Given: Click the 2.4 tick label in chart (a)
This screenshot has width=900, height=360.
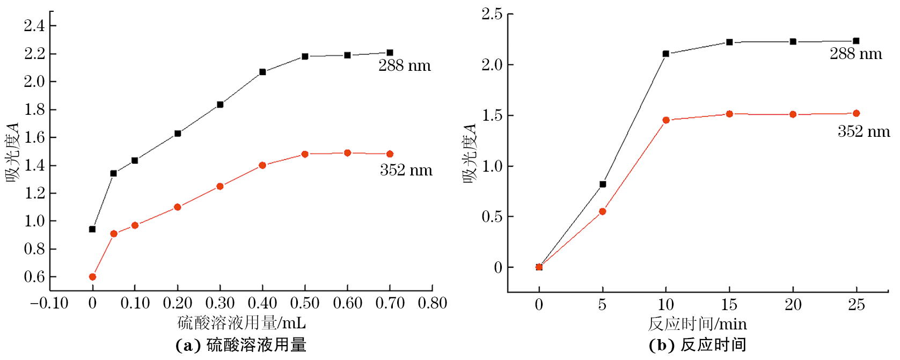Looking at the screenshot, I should [x=34, y=25].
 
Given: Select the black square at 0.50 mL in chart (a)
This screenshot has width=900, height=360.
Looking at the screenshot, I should [x=305, y=56].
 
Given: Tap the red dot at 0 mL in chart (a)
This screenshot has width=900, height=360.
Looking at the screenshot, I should [x=92, y=277].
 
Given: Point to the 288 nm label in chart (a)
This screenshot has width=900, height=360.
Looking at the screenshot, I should [x=405, y=66].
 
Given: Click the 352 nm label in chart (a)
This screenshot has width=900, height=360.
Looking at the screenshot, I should [x=406, y=171].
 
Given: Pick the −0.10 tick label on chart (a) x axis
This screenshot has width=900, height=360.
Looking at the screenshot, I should [x=49, y=304].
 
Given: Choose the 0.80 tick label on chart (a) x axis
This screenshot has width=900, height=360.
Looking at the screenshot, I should [x=433, y=304].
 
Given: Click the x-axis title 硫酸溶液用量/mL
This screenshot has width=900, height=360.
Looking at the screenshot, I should [x=242, y=323].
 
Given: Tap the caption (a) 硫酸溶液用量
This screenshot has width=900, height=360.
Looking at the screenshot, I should [x=241, y=345].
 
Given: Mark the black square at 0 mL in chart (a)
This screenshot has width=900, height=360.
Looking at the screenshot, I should [x=92, y=229].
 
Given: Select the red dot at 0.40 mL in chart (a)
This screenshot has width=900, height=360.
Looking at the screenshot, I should [x=262, y=165].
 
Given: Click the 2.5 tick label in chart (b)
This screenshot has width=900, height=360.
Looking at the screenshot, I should [x=492, y=14].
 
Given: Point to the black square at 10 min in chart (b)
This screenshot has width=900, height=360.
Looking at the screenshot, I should [x=665, y=54].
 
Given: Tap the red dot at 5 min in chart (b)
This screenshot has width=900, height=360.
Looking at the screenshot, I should [x=602, y=211].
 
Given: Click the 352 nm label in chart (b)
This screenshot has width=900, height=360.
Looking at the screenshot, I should [x=864, y=132].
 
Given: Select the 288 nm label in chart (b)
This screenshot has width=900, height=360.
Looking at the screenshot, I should [x=855, y=54].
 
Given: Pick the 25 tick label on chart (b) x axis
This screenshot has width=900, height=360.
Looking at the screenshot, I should [x=856, y=305].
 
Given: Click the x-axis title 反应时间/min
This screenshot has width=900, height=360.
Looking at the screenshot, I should [x=697, y=324].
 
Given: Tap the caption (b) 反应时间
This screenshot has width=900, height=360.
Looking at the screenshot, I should [x=697, y=345].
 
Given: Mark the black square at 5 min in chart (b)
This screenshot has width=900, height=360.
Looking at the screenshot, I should [x=602, y=184].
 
